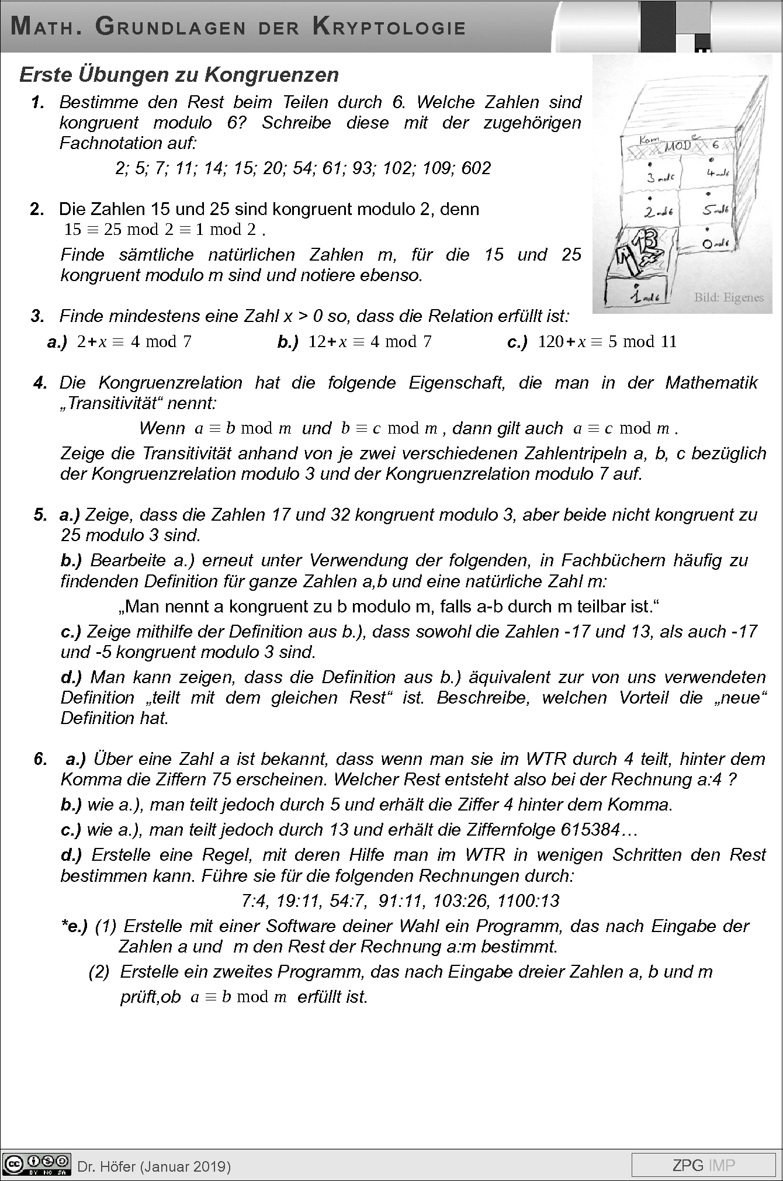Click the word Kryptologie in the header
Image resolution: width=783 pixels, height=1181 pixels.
[389, 27]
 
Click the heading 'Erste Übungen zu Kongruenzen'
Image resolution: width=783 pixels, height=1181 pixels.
[179, 75]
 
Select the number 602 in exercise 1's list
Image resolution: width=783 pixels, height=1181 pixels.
[476, 168]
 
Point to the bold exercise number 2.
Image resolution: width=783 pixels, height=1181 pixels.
[37, 209]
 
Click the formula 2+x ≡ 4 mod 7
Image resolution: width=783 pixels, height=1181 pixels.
[134, 342]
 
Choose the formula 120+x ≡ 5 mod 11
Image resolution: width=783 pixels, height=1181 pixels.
[607, 342]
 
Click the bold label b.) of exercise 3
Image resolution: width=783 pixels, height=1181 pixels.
[288, 342]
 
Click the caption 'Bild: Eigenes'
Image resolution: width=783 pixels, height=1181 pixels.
[728, 297]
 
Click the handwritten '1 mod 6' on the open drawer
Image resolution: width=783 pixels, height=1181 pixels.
[643, 296]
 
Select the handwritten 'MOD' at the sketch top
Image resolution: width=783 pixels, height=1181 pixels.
[677, 146]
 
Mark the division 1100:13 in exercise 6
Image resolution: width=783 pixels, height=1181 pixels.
[528, 901]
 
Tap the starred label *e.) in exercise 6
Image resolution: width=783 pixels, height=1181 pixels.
[74, 926]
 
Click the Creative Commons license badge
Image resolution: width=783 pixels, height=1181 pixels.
[36, 1164]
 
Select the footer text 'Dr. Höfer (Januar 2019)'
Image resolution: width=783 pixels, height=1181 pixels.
[154, 1166]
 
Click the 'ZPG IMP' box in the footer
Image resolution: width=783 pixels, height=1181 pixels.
[704, 1165]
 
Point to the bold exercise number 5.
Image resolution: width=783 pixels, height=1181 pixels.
[40, 515]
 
